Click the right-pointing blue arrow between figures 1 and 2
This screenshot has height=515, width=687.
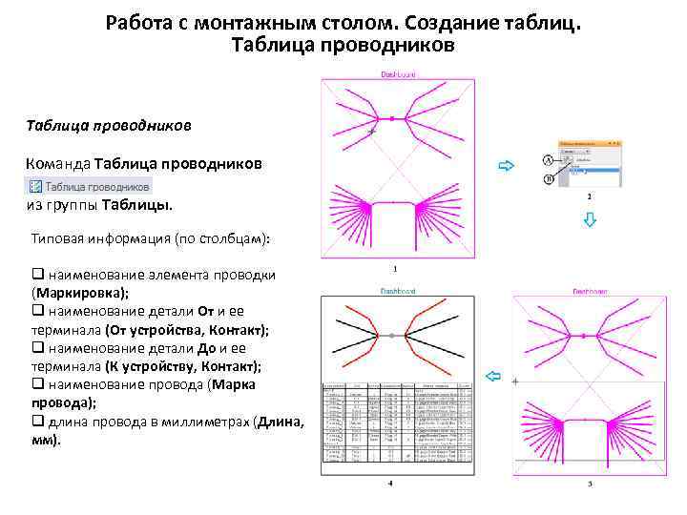(506, 165)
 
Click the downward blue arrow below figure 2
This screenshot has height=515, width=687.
(590, 220)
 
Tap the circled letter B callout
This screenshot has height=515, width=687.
(549, 178)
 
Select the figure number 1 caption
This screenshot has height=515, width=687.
(395, 269)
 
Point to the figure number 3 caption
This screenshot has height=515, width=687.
(590, 484)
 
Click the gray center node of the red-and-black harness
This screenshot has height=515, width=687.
(392, 337)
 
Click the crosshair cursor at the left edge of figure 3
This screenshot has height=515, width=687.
(515, 381)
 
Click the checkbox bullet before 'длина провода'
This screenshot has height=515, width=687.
(36, 422)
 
